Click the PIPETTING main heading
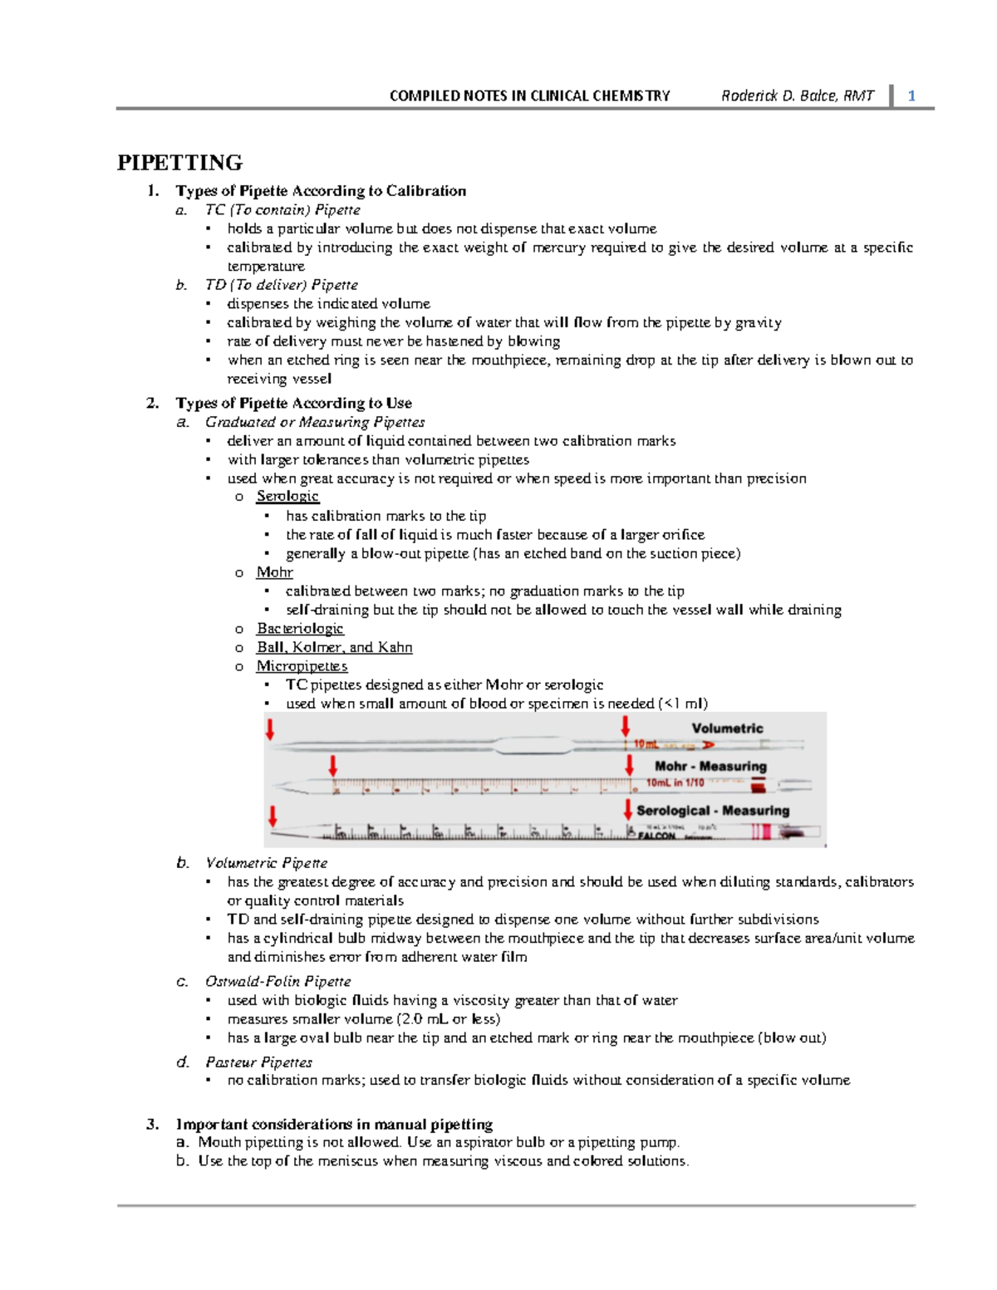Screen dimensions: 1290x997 point(179,162)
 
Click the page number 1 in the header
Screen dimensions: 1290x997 point(911,96)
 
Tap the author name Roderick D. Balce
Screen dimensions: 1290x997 point(798,96)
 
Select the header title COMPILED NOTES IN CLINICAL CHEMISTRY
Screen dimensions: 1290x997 point(529,96)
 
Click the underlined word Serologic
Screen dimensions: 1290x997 point(287,496)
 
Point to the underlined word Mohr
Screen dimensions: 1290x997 point(274,571)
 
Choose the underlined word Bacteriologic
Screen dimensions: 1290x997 point(300,628)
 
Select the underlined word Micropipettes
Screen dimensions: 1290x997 point(302,665)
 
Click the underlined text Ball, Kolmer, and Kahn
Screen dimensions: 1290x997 point(334,647)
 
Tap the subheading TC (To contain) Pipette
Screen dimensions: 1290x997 point(282,209)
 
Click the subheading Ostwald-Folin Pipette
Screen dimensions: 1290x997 point(277,981)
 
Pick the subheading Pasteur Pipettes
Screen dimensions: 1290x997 point(258,1062)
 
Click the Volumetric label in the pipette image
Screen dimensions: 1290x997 point(727,728)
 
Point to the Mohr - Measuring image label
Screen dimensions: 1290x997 point(710,766)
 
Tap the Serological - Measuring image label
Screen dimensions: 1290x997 point(713,810)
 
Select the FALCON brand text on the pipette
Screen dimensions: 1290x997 point(656,836)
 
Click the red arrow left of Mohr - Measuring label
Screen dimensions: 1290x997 point(630,764)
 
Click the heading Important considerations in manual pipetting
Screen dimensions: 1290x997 point(334,1124)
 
